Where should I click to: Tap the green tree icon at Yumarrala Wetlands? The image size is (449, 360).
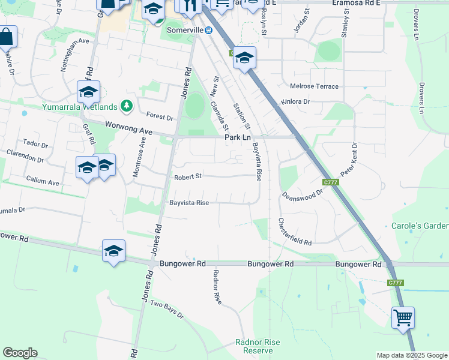pyautogui.click(x=126, y=106)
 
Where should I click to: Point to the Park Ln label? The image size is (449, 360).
pyautogui.click(x=237, y=137)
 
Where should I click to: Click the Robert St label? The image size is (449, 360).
pyautogui.click(x=188, y=177)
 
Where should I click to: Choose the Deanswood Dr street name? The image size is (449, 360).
pyautogui.click(x=303, y=194)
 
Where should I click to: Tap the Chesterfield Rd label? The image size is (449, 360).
pyautogui.click(x=294, y=232)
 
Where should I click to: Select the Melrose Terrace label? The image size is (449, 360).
pyautogui.click(x=314, y=86)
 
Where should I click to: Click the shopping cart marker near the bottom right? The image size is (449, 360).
pyautogui.click(x=403, y=317)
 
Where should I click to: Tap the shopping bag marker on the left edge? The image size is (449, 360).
pyautogui.click(x=6, y=38)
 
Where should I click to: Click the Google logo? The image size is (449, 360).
pyautogui.click(x=20, y=353)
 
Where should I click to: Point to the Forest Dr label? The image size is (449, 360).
pyautogui.click(x=160, y=116)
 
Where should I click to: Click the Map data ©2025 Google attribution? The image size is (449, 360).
pyautogui.click(x=411, y=355)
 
